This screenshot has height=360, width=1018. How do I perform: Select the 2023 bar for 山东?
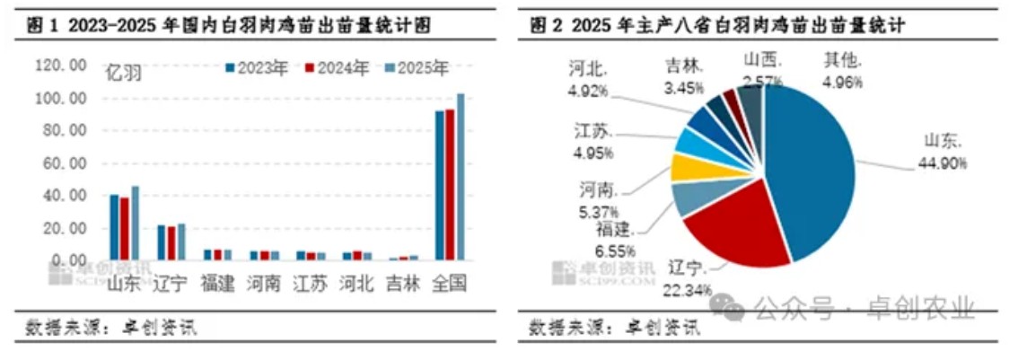(x=114, y=227)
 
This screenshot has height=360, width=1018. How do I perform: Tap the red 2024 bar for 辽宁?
(x=171, y=242)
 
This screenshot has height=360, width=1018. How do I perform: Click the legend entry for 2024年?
(x=337, y=68)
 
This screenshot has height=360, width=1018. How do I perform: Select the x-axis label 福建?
(x=218, y=284)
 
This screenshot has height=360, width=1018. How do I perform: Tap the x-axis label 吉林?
(x=402, y=284)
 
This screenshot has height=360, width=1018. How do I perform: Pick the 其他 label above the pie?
(x=843, y=61)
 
